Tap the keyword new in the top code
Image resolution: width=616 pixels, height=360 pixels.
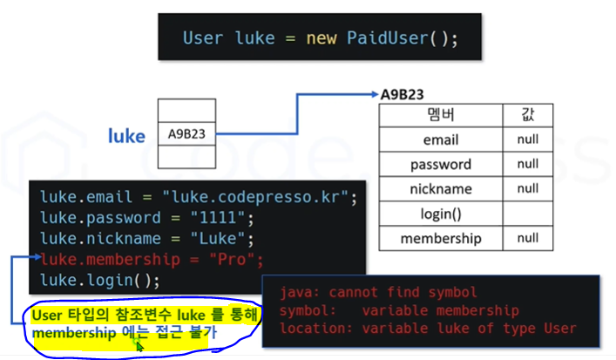click(x=320, y=38)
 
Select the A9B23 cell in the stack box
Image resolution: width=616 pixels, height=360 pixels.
click(x=186, y=134)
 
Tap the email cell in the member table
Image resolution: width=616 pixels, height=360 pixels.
click(x=440, y=139)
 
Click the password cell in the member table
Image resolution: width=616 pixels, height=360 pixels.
click(x=440, y=164)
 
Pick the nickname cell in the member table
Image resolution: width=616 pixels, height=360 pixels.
click(x=440, y=188)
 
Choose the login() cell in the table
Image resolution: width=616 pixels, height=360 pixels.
click(x=440, y=214)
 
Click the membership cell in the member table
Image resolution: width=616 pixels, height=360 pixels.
click(x=440, y=238)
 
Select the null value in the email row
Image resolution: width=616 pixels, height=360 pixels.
click(x=527, y=139)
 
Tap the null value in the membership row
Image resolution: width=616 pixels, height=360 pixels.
click(x=527, y=238)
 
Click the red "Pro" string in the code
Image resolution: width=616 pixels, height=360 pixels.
click(x=234, y=260)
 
